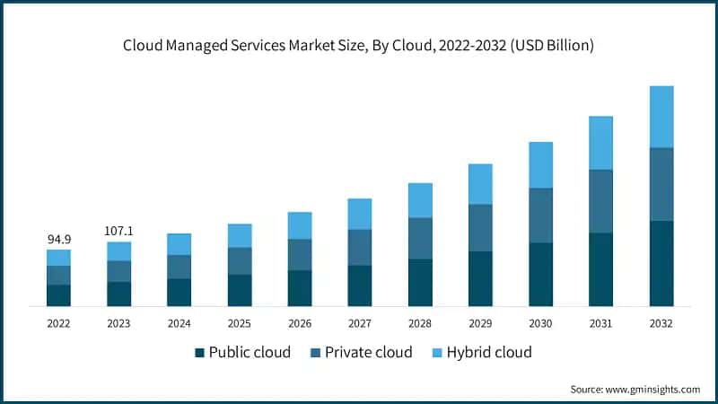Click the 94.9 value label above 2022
[x=58, y=240]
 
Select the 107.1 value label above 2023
[x=118, y=231]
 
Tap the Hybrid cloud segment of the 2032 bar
[x=661, y=117]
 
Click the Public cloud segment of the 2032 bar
[x=661, y=263]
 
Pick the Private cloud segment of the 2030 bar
[x=540, y=215]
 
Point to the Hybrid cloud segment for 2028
[x=420, y=200]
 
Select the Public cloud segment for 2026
[x=300, y=288]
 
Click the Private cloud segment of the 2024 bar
[x=179, y=267]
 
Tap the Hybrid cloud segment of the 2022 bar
[x=58, y=258]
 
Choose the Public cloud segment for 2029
[x=480, y=278]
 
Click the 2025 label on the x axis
[x=240, y=323]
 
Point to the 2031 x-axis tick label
[x=600, y=323]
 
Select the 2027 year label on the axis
[x=360, y=323]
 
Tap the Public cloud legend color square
[x=199, y=352]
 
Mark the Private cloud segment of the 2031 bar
[x=600, y=201]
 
